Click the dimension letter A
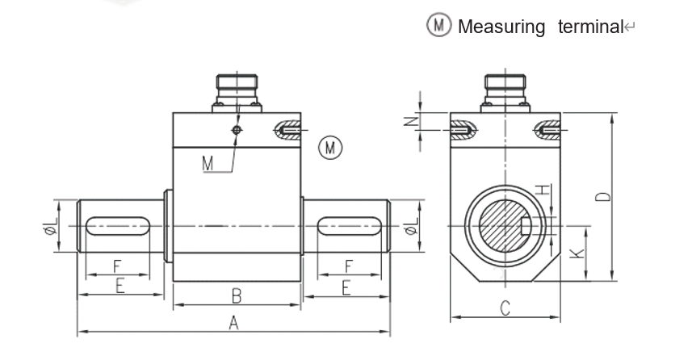(233, 322)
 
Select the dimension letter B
(237, 294)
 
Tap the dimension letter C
(505, 307)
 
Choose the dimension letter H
(543, 190)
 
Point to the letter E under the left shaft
(119, 286)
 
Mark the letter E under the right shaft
(346, 286)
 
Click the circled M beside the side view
(329, 147)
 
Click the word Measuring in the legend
(501, 26)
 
